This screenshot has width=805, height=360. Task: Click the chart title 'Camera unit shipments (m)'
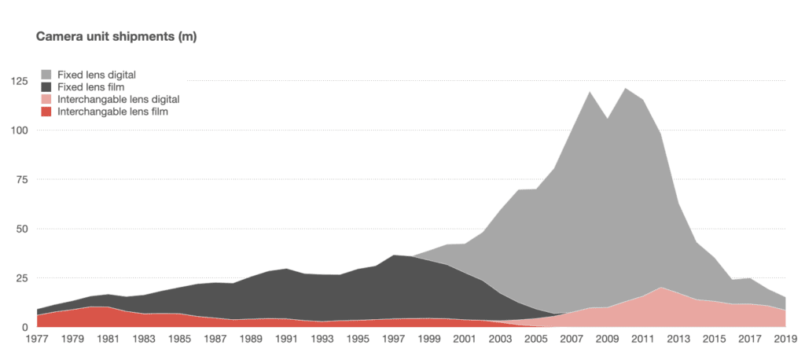113,36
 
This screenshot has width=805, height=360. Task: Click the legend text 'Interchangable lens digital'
119,100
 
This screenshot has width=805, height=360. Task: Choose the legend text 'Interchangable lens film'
113,112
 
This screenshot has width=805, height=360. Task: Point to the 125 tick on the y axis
17,82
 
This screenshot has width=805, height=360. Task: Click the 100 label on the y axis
17,130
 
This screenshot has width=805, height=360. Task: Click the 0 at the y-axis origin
24,327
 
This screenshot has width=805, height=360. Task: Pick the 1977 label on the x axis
37,340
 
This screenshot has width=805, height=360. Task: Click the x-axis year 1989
251,340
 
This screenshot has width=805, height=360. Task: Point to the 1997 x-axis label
394,340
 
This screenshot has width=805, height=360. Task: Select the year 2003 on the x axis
501,340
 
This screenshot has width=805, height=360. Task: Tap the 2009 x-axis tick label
608,340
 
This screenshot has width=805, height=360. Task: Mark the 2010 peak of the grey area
626,88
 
